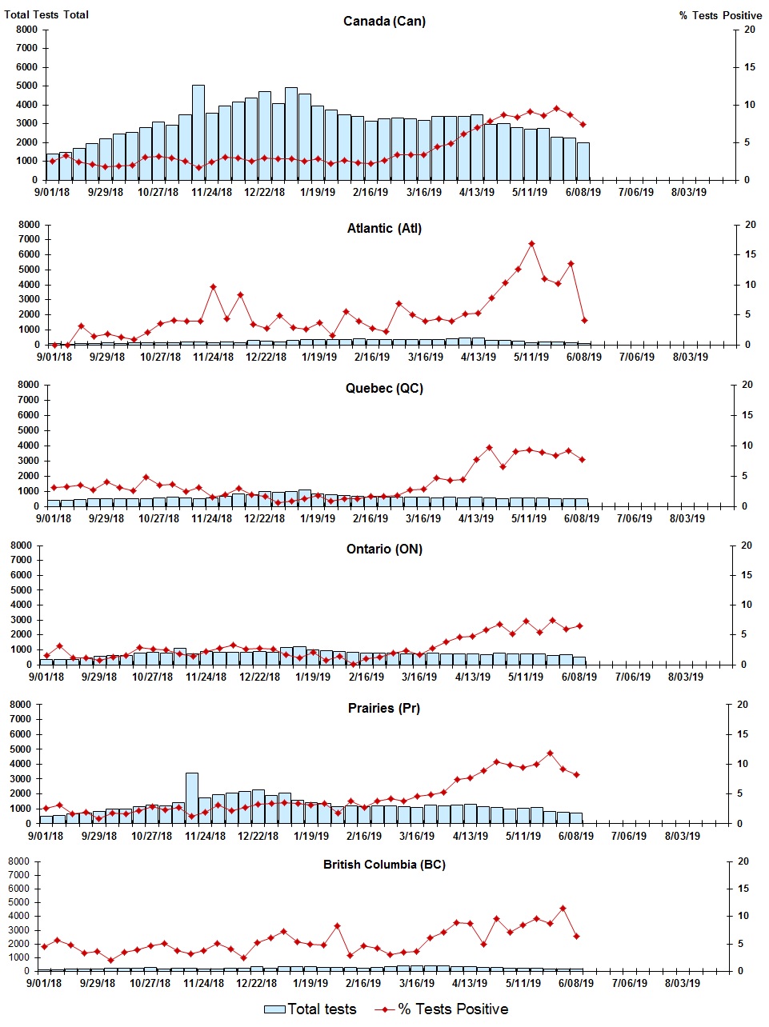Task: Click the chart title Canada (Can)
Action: click(x=384, y=21)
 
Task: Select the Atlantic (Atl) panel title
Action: click(x=384, y=229)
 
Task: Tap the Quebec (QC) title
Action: click(x=384, y=389)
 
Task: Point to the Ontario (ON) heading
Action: click(x=384, y=549)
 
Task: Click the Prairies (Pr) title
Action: click(x=384, y=708)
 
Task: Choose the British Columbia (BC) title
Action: click(x=384, y=865)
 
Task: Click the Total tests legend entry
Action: click(x=310, y=1009)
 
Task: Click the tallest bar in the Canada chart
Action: click(x=198, y=132)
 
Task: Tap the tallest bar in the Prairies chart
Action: click(x=192, y=797)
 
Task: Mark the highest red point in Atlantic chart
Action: click(x=531, y=244)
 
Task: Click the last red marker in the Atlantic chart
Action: click(x=584, y=320)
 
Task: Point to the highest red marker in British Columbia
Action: click(x=563, y=908)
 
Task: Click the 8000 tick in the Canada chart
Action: click(x=26, y=30)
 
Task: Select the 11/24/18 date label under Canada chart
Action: click(x=211, y=193)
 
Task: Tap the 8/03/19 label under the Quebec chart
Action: click(x=687, y=518)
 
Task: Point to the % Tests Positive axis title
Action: click(x=720, y=15)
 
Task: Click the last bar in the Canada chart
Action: click(x=583, y=161)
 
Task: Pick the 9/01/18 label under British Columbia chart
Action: click(x=44, y=983)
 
